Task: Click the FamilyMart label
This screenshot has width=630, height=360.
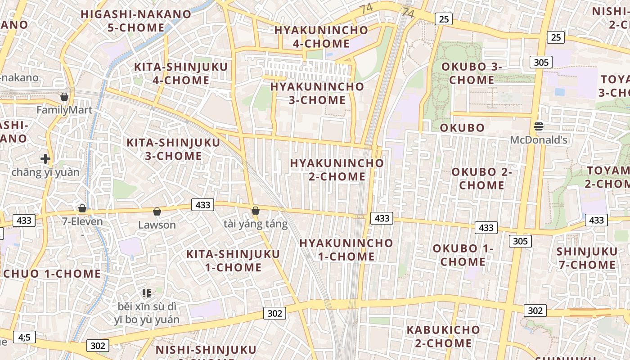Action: click(x=64, y=110)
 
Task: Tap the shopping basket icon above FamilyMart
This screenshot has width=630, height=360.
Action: click(x=64, y=97)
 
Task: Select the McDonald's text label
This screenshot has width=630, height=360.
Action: click(x=538, y=140)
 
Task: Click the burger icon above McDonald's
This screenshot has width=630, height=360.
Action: click(x=538, y=126)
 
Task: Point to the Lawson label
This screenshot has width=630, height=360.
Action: click(x=157, y=225)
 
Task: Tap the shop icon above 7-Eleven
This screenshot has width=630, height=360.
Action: click(x=82, y=208)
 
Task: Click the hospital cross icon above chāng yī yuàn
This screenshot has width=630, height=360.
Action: click(x=45, y=158)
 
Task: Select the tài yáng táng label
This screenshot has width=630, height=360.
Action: click(x=255, y=224)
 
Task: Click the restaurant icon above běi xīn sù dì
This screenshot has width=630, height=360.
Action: click(x=146, y=293)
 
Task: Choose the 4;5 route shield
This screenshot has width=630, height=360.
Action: click(x=24, y=337)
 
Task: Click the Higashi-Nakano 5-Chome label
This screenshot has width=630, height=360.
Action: click(x=136, y=21)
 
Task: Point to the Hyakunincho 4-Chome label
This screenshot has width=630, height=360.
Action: click(x=321, y=37)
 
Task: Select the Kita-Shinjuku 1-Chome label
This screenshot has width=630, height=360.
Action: click(x=233, y=261)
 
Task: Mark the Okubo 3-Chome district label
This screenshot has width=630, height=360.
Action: click(x=472, y=73)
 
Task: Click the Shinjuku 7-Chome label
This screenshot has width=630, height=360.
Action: click(x=587, y=258)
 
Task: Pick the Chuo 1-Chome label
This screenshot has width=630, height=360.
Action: click(x=52, y=274)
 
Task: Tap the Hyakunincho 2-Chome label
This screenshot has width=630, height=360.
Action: click(x=337, y=170)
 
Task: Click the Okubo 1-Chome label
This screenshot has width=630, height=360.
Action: click(x=463, y=255)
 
